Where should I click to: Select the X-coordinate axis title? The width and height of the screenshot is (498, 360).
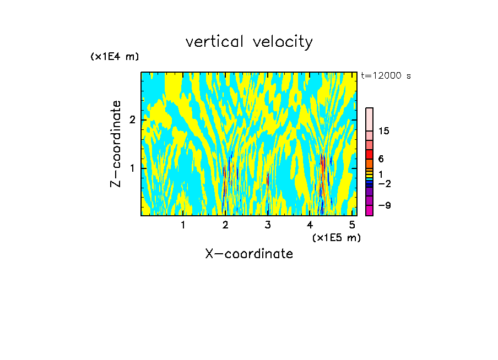coord(249,254)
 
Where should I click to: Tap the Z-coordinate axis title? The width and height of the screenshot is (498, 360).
coord(116,144)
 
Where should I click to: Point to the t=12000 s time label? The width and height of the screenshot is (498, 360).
coord(386,76)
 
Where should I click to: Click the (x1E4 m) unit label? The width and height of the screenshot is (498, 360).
coord(115,56)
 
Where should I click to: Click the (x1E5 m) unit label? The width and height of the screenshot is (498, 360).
coord(336,237)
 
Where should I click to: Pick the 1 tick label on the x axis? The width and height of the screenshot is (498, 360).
coord(183,225)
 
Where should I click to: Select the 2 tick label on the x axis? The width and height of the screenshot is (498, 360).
coord(225,225)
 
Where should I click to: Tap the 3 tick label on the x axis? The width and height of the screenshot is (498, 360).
coord(268,225)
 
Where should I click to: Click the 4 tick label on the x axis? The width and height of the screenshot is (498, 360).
coord(310,225)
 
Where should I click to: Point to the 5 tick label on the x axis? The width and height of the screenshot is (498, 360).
coord(353,225)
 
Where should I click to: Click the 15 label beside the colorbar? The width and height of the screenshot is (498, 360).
coord(383,131)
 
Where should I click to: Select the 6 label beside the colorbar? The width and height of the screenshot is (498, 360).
coord(381,159)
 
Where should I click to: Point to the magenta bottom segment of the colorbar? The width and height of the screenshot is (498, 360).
coord(369,210)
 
